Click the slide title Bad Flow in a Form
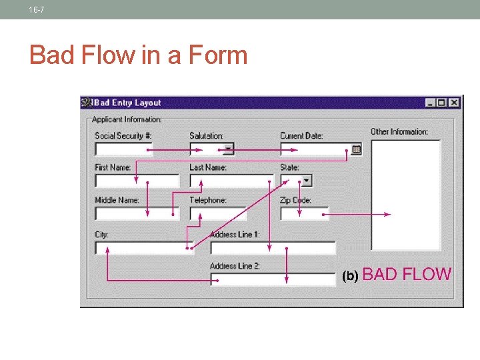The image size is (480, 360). pos(138,55)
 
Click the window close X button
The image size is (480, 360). pos(454,103)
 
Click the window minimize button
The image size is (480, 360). pos(431,103)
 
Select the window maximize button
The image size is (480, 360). pos(442,103)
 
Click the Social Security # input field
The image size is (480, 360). pos(123,149)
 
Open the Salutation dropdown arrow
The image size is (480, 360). pos(228,149)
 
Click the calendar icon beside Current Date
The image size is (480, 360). pos(357,149)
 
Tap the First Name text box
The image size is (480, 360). pos(137,181)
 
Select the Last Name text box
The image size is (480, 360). pos(231,181)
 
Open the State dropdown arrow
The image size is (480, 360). pos(307,180)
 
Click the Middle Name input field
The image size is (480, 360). pos(137,213)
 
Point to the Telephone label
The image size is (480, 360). pos(208,200)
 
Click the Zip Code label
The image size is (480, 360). pos(295,200)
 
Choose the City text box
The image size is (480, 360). pos(143,248)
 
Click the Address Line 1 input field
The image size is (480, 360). pos(273,248)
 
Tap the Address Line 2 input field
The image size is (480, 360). pos(273,279)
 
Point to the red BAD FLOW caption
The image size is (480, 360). pos(407,274)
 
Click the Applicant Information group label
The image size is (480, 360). pos(127,119)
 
